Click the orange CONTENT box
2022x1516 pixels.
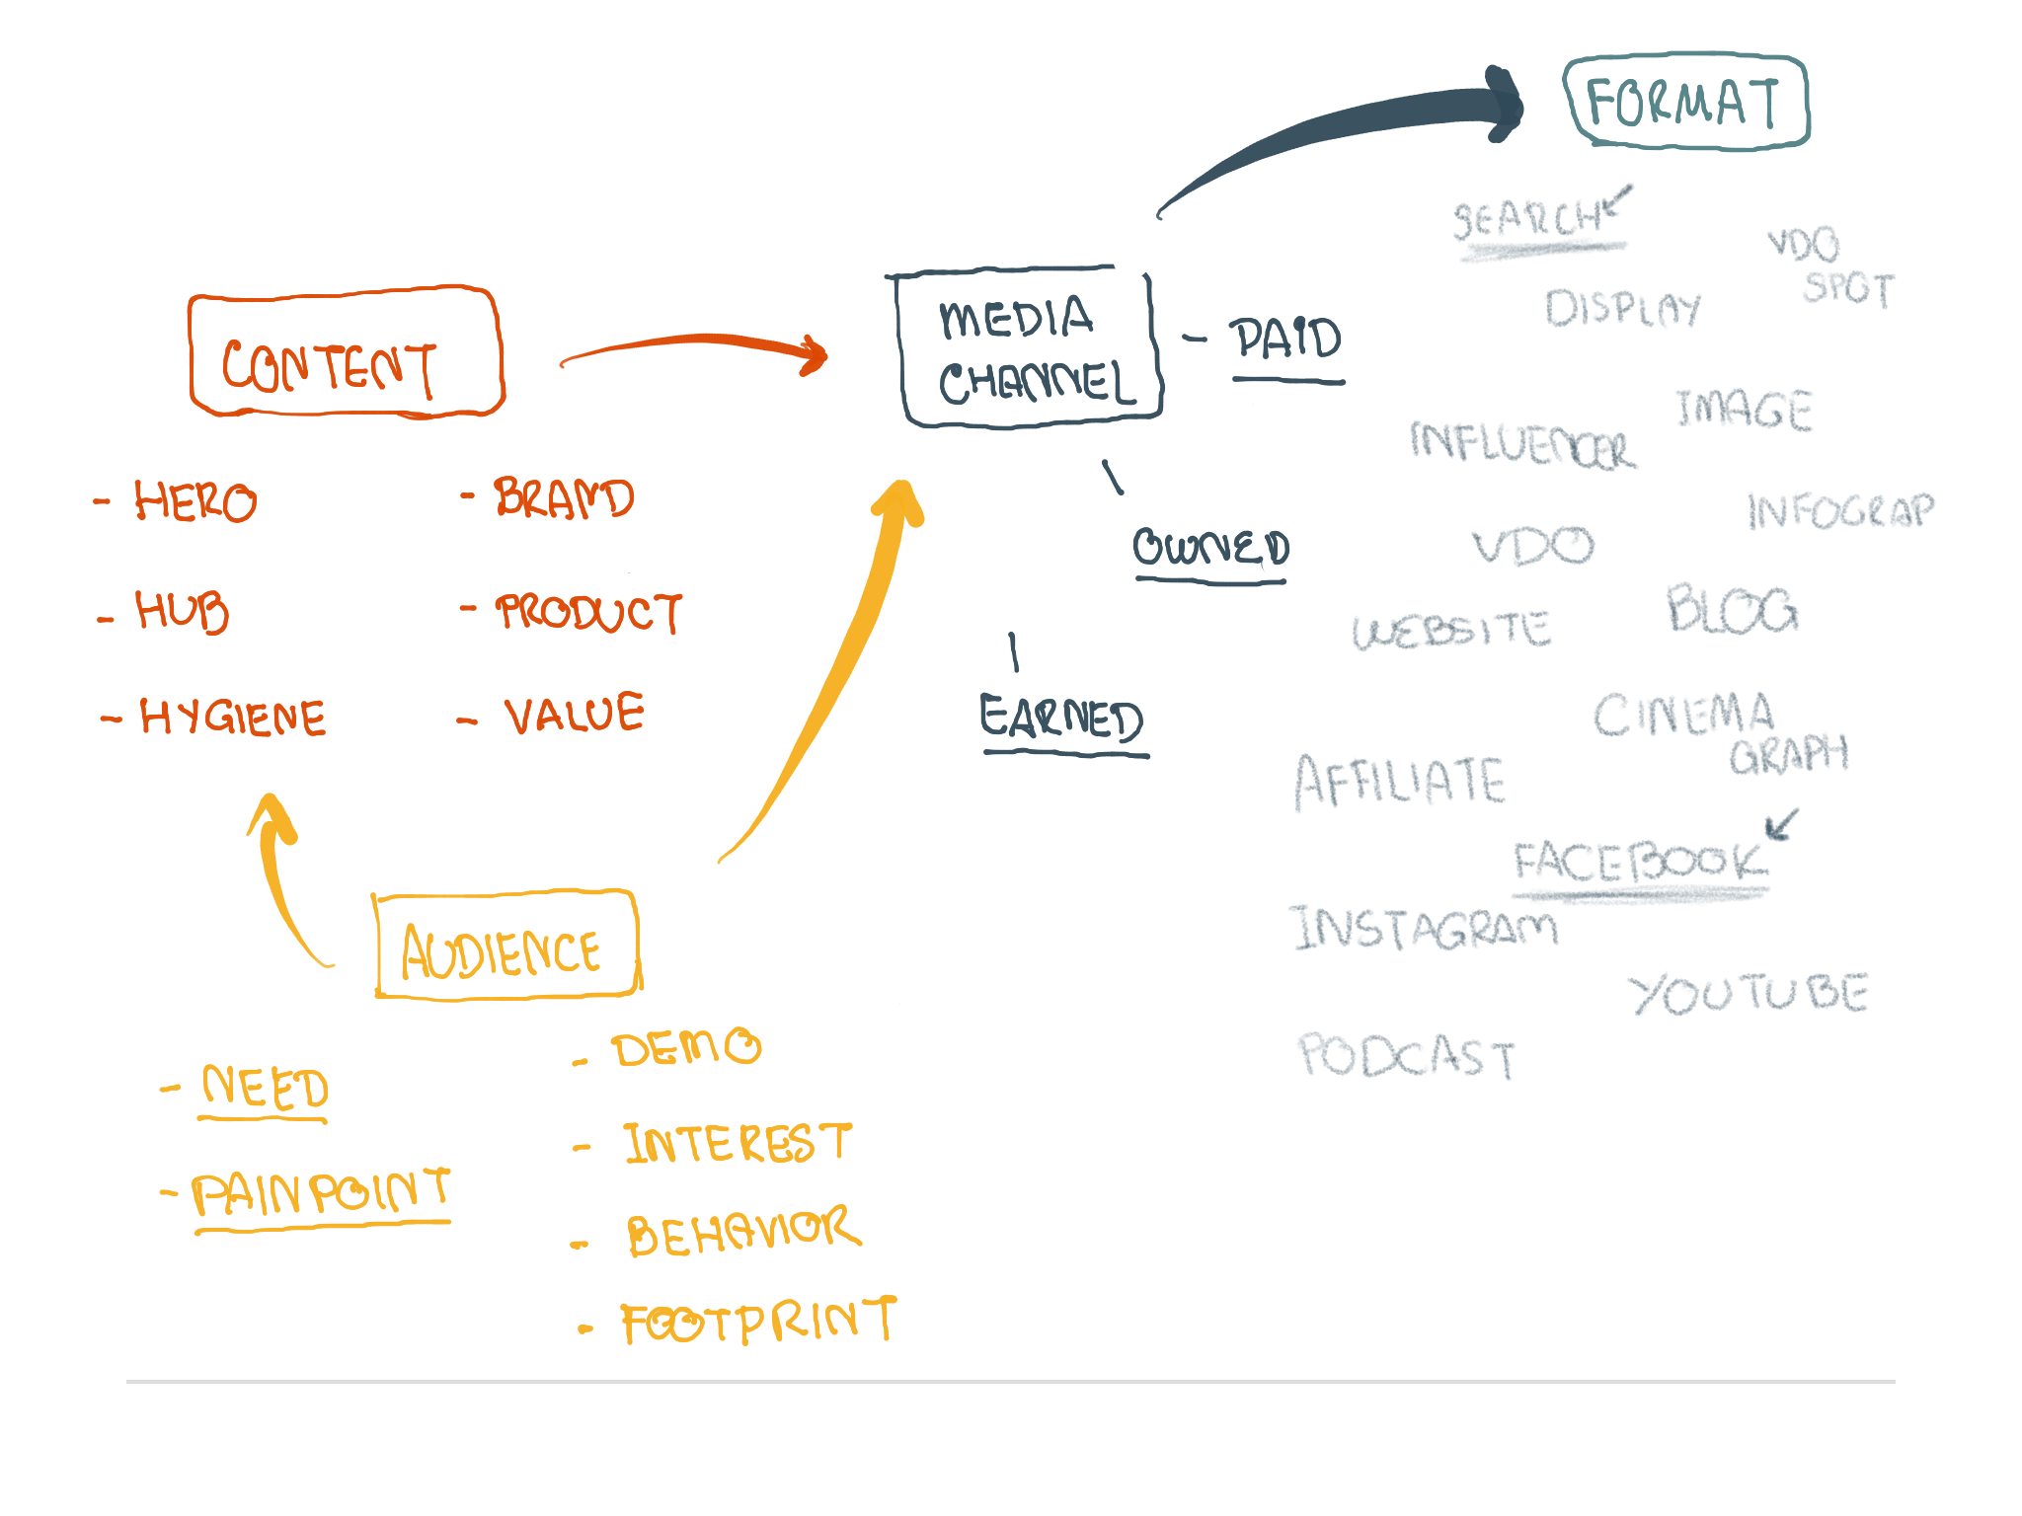(x=346, y=353)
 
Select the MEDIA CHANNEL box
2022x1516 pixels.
(x=1029, y=348)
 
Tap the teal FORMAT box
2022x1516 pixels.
(x=1686, y=102)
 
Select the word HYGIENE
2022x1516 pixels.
(x=232, y=717)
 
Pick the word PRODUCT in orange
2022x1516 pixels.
(x=588, y=612)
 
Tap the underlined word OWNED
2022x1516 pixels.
(x=1210, y=548)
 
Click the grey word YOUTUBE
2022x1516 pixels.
(x=1748, y=993)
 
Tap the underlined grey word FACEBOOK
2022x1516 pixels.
(x=1639, y=862)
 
